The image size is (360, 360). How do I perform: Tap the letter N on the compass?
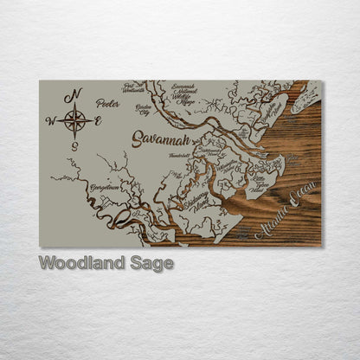[x=76, y=94]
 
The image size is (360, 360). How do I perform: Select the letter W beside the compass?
[x=50, y=121]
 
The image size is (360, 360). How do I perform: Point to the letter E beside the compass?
[x=98, y=120]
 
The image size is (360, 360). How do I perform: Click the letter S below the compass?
[x=75, y=145]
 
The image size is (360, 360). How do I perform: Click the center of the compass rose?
[x=75, y=120]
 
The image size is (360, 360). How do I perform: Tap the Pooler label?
[x=108, y=102]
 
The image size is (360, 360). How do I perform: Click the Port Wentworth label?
[x=134, y=87]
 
